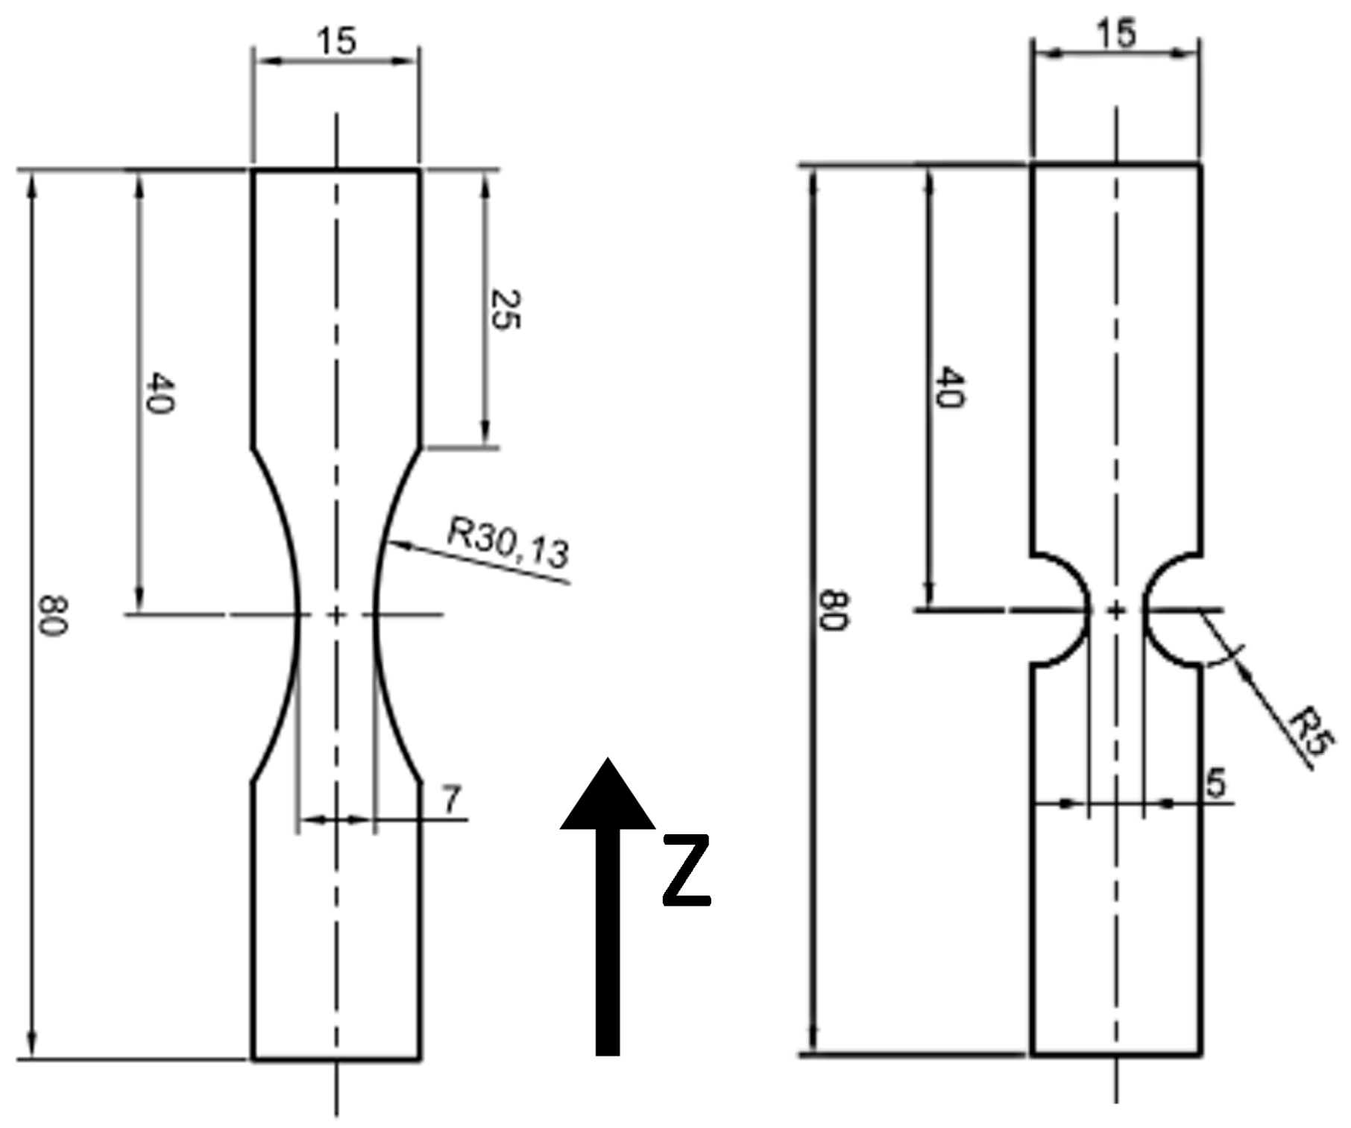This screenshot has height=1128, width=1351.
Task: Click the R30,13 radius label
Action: (x=508, y=542)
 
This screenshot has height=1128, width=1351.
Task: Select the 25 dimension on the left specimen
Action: (x=505, y=309)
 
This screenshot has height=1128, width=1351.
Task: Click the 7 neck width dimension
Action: (x=451, y=800)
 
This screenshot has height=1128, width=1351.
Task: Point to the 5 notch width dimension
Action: (x=1215, y=784)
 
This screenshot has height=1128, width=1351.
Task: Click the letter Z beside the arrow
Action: (x=686, y=871)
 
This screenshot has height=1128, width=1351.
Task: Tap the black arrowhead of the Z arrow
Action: (x=608, y=798)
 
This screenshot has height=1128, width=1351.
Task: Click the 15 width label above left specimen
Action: (x=336, y=41)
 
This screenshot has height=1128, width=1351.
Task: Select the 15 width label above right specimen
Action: (x=1116, y=34)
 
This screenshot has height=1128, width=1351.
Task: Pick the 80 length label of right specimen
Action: (x=834, y=611)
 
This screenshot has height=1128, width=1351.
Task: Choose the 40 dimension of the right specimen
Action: (x=949, y=387)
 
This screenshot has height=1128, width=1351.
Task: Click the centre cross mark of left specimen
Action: (x=336, y=615)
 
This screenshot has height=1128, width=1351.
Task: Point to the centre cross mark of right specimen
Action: (x=1116, y=611)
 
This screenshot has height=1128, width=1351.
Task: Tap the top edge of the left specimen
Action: (x=336, y=171)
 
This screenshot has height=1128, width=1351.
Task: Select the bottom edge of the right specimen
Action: (x=1116, y=1055)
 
